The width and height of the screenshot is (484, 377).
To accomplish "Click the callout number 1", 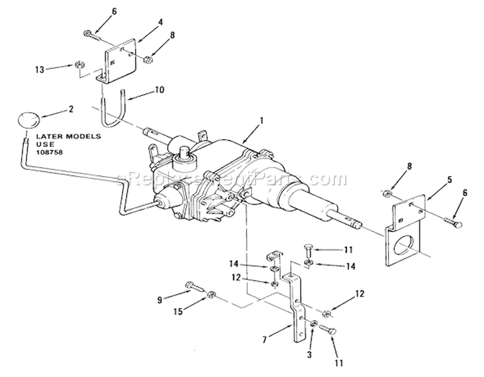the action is [261, 121].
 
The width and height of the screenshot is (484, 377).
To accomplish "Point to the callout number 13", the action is [39, 70].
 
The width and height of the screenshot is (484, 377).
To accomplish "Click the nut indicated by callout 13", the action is [80, 65].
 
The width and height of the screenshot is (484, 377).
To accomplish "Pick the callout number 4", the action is [161, 22].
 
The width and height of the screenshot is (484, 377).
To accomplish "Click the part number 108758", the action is [50, 152].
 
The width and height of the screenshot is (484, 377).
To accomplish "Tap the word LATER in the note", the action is [48, 136].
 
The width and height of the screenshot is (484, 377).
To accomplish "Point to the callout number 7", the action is [264, 340].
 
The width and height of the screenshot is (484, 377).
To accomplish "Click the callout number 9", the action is [159, 300].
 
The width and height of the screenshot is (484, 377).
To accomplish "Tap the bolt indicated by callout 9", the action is [195, 287].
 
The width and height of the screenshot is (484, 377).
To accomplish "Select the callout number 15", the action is [179, 311].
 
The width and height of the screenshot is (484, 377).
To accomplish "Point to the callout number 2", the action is [71, 109].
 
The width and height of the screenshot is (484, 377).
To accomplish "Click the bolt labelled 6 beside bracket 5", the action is [453, 222].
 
